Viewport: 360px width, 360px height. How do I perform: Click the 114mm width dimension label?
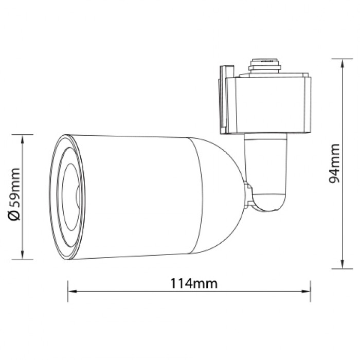point(193,283)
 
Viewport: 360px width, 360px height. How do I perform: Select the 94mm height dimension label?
point(334,164)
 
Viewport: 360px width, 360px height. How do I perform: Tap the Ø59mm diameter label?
point(14,194)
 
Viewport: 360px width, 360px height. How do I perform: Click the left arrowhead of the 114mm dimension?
point(73,292)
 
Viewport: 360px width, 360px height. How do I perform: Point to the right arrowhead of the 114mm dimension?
point(306,292)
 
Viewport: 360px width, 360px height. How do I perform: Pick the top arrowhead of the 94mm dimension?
point(342,63)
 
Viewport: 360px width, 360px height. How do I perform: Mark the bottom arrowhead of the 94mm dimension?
point(342,264)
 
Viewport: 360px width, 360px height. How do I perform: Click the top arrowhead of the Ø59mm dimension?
point(22,139)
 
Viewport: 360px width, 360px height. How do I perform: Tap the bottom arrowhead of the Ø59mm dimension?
point(22,255)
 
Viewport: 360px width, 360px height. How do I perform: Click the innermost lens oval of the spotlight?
point(71,197)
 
